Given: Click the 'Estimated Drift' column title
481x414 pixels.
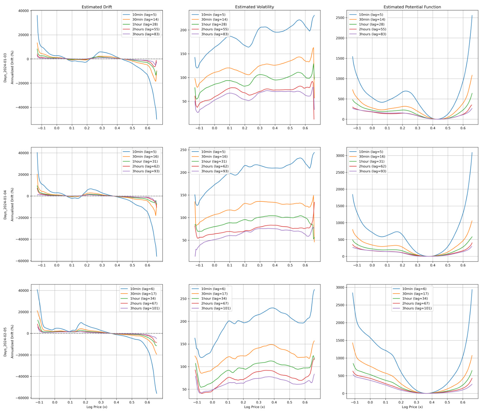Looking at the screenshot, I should point(97,7).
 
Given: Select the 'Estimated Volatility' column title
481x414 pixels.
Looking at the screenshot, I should point(254,7).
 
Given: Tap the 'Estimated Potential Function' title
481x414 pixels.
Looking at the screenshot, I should point(412,7).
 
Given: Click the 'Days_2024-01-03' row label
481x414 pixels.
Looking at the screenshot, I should point(5,68).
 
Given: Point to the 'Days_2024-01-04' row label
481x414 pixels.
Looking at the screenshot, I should point(5,205).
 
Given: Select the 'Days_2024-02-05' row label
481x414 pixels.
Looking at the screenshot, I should point(5,342).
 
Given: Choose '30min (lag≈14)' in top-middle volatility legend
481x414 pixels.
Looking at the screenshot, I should point(214,20).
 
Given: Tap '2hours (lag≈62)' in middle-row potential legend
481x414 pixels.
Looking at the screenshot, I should point(372,167).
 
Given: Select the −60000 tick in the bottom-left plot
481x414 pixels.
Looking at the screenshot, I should point(23,398).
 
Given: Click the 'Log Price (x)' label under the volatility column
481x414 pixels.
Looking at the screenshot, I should point(254,407).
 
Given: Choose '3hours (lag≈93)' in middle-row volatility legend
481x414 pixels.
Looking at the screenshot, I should point(214,171).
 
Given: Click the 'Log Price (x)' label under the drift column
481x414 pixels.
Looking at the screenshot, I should point(97,407).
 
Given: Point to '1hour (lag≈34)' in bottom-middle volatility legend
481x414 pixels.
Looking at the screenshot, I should point(214,299).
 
